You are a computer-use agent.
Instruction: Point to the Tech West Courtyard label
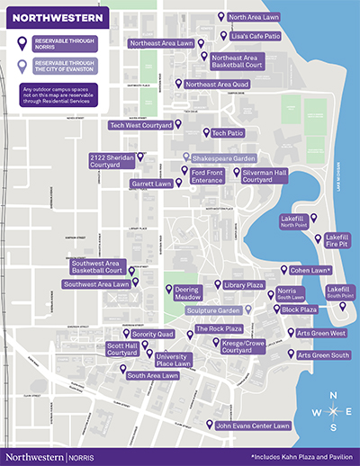click(139, 126)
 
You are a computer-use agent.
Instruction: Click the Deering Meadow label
click(188, 292)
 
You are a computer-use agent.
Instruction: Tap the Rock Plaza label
click(220, 329)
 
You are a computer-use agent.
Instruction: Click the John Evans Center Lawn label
click(253, 425)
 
